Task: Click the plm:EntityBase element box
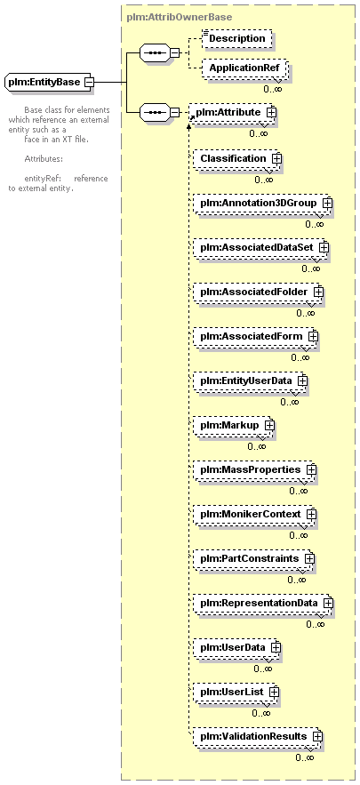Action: tap(48, 82)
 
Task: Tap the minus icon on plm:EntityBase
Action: tap(89, 82)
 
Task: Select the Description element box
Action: tap(237, 38)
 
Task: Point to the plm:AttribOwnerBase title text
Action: tap(180, 17)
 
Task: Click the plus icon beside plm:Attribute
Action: tap(271, 113)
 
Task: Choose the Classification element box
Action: tap(236, 159)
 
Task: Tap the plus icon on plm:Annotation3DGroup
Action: tap(328, 204)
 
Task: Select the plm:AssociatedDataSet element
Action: tap(260, 247)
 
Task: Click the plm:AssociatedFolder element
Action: tap(257, 292)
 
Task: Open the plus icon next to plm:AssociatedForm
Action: tap(314, 336)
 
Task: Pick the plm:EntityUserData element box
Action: tap(250, 381)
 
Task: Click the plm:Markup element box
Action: tap(233, 425)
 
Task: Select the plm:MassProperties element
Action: tap(254, 469)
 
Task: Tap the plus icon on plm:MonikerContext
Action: tap(312, 514)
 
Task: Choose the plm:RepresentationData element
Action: tap(262, 603)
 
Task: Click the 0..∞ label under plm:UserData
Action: tap(263, 669)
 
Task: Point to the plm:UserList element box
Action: tap(235, 692)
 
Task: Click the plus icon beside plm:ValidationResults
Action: tap(317, 736)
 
